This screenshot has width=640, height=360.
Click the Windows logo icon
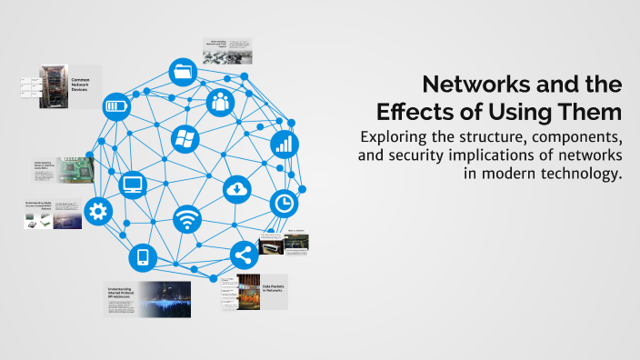pos(185,139)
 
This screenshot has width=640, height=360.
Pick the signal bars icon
pos(284,143)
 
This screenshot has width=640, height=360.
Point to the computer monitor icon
pos(133,185)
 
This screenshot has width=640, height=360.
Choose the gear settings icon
pos(97,212)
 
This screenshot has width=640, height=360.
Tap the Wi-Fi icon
pos(187,219)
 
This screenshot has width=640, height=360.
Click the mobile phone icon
pos(142,257)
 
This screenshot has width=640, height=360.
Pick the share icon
pos(244,254)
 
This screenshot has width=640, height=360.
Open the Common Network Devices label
pos(82,85)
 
